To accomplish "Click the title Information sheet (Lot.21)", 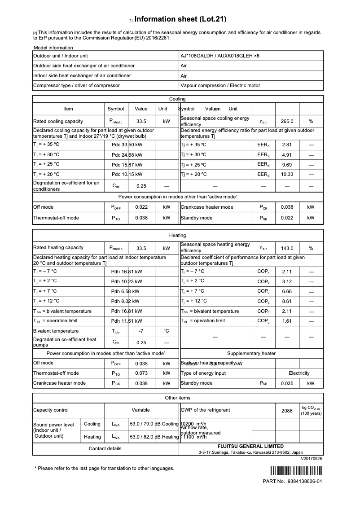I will [x=180, y=19].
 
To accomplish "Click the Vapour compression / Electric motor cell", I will [x=220, y=85].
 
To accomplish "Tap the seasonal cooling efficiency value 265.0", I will [x=287, y=121].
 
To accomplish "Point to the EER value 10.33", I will [x=287, y=174].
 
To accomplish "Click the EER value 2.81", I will [x=287, y=145].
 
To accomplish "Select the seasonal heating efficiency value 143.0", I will [x=287, y=248].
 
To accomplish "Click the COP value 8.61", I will [x=287, y=301].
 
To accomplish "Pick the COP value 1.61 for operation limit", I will [x=287, y=321].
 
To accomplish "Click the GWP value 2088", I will [x=287, y=410].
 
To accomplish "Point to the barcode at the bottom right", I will [x=296, y=471].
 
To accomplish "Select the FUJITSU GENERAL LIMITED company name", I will [x=250, y=446].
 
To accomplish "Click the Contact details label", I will [x=105, y=448].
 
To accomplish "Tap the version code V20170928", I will [x=312, y=459].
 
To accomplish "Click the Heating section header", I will [x=178, y=235].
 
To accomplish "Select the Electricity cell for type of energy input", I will [x=299, y=373].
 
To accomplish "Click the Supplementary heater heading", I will [x=251, y=353].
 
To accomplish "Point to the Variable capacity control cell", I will [x=140, y=410].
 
